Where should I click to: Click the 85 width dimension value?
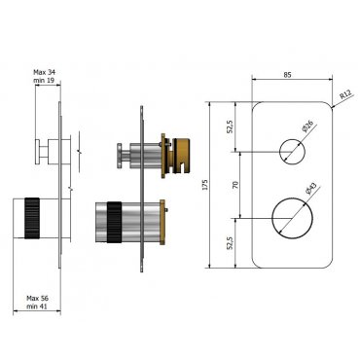point(287,75)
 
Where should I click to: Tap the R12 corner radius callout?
point(345,95)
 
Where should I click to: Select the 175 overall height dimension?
point(204,185)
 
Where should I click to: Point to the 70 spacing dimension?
point(236,185)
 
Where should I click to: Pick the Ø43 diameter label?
point(310,190)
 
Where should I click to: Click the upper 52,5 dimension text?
point(231,126)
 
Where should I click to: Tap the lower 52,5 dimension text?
point(231,243)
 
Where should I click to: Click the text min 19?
point(44,80)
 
